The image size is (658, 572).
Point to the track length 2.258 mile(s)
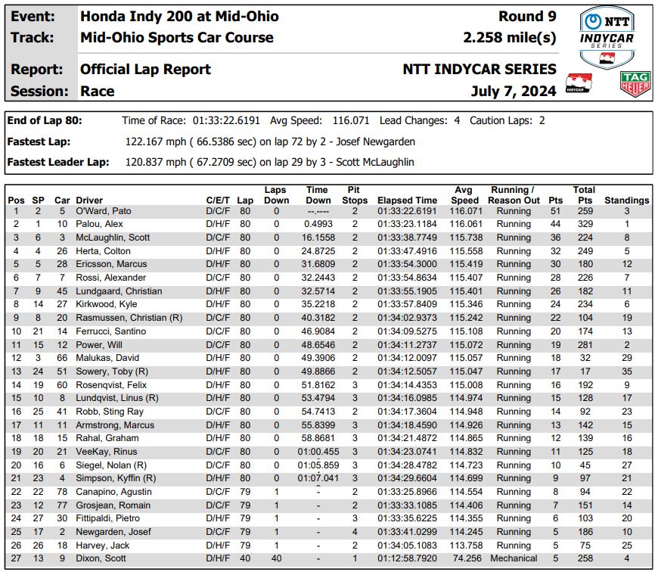tap(510, 37)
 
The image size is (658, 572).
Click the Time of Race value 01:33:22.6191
tap(227, 120)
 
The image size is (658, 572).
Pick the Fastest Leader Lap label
tap(57, 162)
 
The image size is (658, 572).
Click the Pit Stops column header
tap(352, 195)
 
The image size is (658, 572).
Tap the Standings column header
tap(626, 201)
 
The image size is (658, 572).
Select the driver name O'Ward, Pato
tap(104, 211)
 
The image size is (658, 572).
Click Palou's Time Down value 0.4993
tap(318, 225)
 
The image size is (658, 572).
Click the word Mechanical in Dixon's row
tap(514, 559)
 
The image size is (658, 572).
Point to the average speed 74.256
tap(464, 559)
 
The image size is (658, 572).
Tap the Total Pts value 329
tap(584, 225)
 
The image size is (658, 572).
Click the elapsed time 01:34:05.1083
tap(407, 546)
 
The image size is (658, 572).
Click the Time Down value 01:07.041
tap(318, 479)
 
